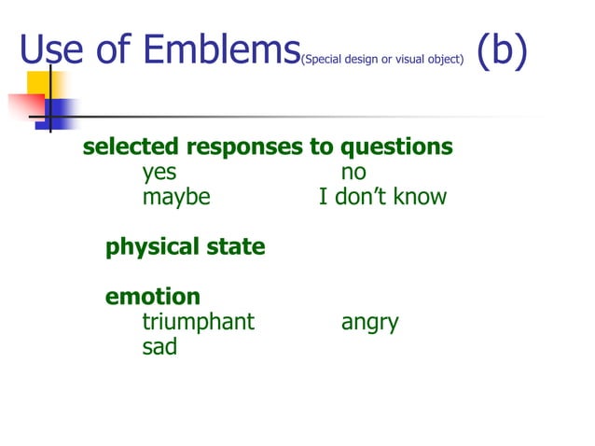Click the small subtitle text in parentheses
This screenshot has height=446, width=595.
(x=381, y=60)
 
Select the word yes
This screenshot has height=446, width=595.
(x=159, y=173)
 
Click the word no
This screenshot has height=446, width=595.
(x=353, y=173)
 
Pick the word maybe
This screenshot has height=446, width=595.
(x=176, y=198)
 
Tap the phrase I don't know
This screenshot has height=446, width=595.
(x=382, y=197)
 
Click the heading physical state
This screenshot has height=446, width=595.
(x=185, y=247)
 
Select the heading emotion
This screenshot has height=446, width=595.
(x=153, y=297)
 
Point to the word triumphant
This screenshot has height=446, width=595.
(x=198, y=323)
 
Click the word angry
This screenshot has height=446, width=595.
(x=369, y=324)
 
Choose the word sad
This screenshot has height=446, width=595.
(x=159, y=347)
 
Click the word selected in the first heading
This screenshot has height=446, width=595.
(x=131, y=147)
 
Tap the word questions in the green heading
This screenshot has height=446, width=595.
(x=396, y=148)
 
